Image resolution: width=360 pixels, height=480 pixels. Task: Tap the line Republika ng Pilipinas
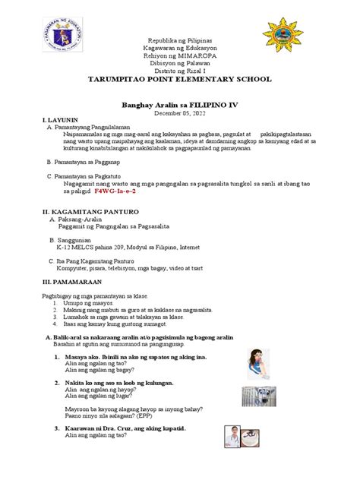[x=180, y=39]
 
